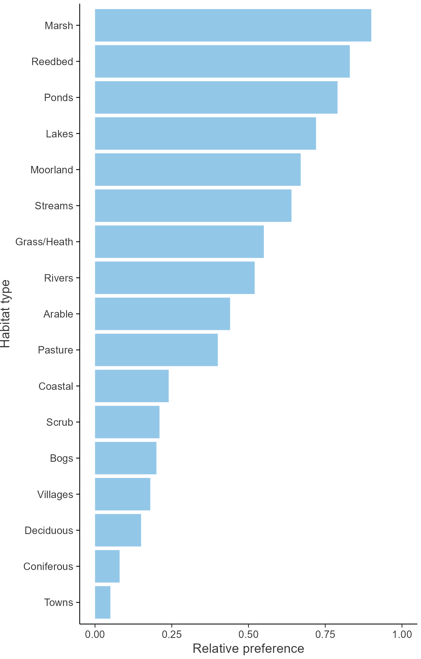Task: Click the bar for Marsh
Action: [233, 25]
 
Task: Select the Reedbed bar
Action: [222, 61]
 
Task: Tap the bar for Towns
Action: [103, 602]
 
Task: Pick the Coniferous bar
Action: [107, 566]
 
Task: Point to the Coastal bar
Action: [132, 386]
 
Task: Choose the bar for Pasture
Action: [156, 350]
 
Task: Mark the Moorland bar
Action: [197, 170]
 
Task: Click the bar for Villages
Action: [122, 494]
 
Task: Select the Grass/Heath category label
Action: [44, 242]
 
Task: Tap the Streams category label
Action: [54, 206]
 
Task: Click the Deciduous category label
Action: [49, 531]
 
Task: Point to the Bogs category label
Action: [61, 458]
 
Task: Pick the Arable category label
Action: [58, 314]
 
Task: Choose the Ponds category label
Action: [59, 98]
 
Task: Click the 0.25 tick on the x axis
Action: [172, 635]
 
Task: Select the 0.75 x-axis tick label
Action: [325, 635]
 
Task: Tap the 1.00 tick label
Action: [402, 635]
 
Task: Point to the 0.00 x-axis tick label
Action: [95, 635]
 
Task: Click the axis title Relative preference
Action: [248, 649]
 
